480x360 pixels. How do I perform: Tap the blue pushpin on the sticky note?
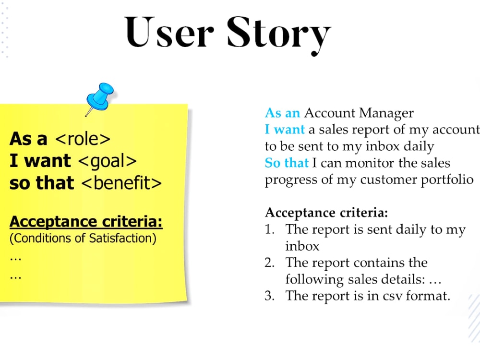point(99,96)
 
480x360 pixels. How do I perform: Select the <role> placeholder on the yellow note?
point(83,139)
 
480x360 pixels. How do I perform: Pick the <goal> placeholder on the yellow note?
point(107,161)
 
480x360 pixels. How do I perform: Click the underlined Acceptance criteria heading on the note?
point(86,222)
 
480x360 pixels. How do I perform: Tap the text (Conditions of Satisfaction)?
point(83,238)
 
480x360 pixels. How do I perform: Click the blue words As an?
point(282,113)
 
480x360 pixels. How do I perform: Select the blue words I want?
point(285,130)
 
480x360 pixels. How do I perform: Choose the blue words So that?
point(287,163)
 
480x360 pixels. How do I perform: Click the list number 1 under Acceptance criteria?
point(269,230)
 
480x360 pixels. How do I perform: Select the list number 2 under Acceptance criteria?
point(269,263)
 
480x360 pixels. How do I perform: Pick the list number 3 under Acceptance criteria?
point(269,296)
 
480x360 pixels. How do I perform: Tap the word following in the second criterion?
point(314,279)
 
